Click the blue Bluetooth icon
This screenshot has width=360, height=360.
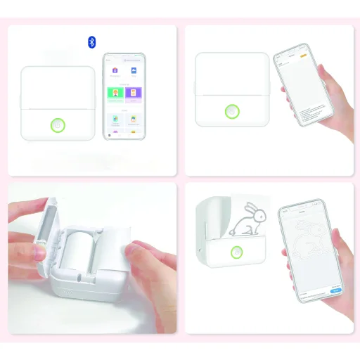click(91, 42)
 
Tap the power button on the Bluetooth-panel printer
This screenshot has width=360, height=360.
click(58, 126)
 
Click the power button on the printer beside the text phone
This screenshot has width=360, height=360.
click(231, 111)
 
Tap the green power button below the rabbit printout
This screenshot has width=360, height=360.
click(238, 254)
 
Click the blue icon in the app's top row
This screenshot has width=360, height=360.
click(134, 71)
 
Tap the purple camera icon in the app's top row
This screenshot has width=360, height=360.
click(115, 71)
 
